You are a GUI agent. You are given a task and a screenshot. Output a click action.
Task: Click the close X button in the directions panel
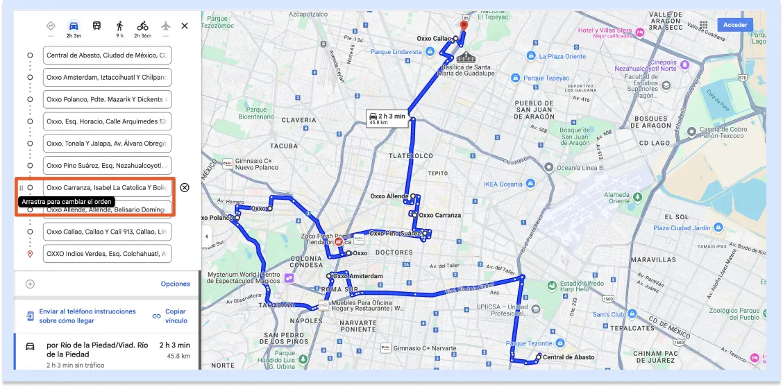click(x=184, y=26)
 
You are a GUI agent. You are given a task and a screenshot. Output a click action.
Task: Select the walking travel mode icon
click(x=119, y=26)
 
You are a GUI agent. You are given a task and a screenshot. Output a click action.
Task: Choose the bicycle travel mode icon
click(x=142, y=26)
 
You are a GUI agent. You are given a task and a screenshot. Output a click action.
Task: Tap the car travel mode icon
click(x=74, y=26)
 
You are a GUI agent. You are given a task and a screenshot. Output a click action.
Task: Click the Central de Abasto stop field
click(x=107, y=55)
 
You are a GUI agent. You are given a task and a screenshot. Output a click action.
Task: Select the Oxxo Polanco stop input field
click(x=107, y=99)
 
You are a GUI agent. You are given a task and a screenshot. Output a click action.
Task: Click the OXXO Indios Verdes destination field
click(x=107, y=254)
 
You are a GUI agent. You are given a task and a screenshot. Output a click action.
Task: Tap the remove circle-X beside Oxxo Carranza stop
click(x=184, y=187)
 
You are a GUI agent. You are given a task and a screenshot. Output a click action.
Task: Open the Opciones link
click(x=175, y=284)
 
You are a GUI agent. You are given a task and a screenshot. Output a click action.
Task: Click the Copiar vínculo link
click(x=176, y=316)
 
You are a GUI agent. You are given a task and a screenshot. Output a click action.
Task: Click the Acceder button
click(x=734, y=25)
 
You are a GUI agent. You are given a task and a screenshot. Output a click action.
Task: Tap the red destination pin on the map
click(x=464, y=26)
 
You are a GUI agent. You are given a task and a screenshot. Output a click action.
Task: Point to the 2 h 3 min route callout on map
click(x=387, y=118)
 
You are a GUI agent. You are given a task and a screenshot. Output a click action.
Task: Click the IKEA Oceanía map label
click(x=503, y=184)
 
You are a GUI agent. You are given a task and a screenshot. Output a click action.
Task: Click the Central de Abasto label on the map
click(x=568, y=357)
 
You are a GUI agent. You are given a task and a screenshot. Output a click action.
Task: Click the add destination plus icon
click(x=30, y=284)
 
